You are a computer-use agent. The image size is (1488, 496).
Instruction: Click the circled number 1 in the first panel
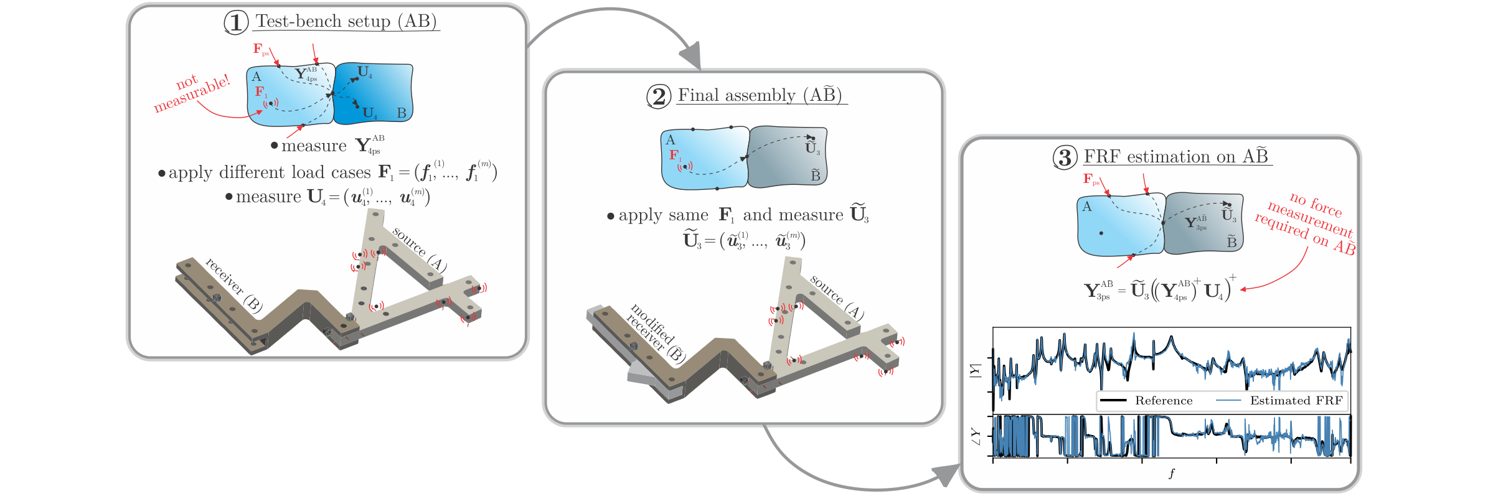236,22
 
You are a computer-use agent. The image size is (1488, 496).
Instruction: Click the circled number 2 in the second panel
659,96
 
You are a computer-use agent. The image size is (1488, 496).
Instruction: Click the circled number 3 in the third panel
1065,157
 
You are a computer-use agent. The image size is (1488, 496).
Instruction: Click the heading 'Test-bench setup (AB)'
346,22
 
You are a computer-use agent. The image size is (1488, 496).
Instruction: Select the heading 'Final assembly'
760,95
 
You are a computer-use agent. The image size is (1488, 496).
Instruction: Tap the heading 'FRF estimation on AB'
1176,157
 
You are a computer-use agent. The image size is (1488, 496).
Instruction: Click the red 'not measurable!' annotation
191,93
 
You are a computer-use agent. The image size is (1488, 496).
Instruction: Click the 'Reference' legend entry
1163,401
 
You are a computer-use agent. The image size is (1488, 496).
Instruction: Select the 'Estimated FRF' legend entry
1296,401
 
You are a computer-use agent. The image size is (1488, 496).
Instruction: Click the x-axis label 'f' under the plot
1171,474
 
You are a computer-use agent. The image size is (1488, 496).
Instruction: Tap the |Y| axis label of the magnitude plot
975,370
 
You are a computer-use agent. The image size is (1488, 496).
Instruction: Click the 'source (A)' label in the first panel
419,250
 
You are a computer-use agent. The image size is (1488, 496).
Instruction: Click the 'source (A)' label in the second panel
836,297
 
